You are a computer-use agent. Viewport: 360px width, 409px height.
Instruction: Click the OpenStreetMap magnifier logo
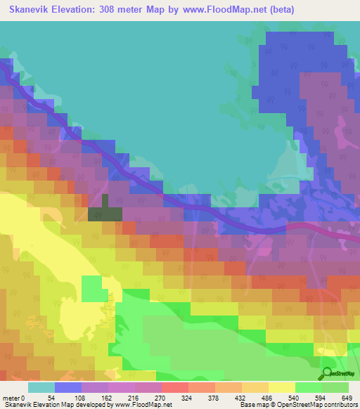pos(328,374)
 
